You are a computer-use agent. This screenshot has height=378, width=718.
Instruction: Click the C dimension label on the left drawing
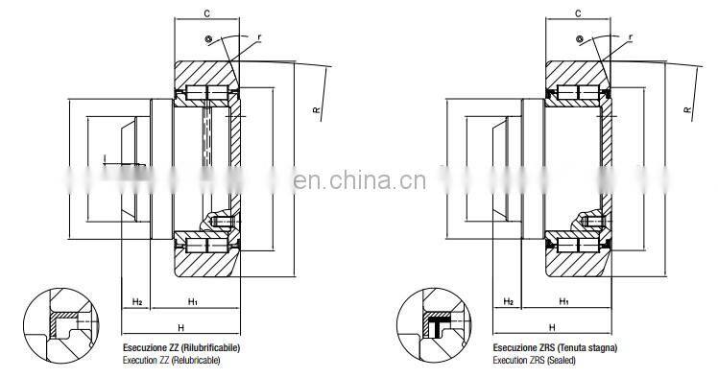pos(206,14)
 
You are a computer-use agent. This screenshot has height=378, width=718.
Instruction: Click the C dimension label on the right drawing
pos(576,14)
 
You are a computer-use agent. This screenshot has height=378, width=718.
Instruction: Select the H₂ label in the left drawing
pos(137,302)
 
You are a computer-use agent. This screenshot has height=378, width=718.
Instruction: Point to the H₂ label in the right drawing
pos(508,302)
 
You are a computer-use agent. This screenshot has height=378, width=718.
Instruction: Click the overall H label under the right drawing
pos(551,327)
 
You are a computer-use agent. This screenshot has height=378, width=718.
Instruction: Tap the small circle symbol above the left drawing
pos(206,37)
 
